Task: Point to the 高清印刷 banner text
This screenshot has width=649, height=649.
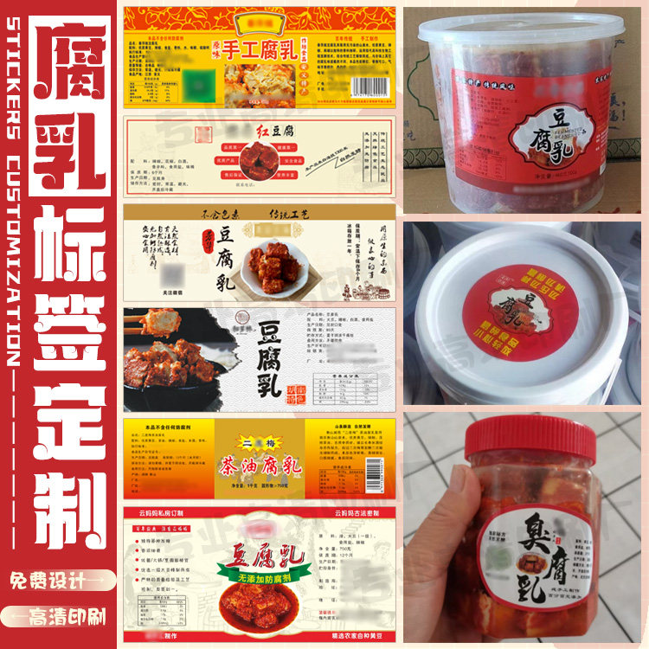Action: click(x=66, y=616)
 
